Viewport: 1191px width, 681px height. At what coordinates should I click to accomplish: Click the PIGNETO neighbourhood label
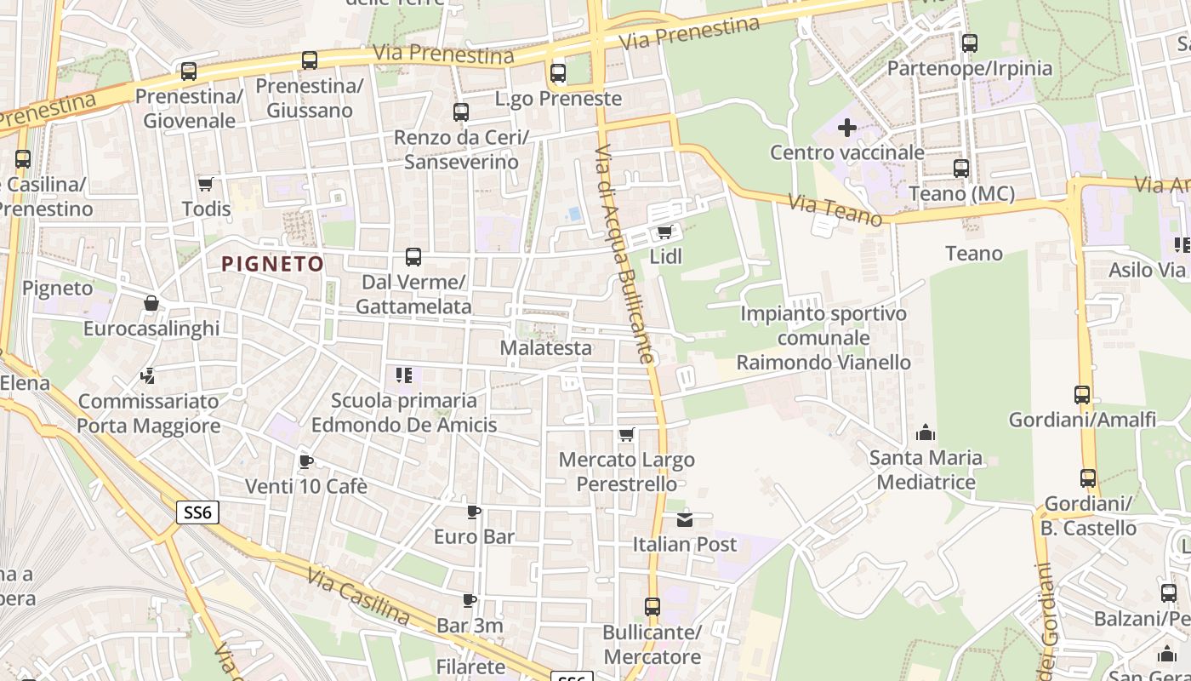[273, 264]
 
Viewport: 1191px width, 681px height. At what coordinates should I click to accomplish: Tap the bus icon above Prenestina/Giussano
[310, 60]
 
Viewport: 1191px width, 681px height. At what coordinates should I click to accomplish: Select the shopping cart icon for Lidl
[665, 232]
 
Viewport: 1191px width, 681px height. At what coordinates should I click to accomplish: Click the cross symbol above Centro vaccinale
[846, 129]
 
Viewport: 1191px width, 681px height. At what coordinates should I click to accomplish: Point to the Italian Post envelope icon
[685, 519]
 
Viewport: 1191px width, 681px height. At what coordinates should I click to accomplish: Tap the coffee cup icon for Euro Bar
[474, 512]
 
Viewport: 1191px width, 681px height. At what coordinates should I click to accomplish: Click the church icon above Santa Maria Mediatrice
[926, 433]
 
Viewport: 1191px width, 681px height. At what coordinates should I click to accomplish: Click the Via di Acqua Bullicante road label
[625, 255]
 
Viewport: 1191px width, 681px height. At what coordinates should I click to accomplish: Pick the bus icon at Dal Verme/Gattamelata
[413, 257]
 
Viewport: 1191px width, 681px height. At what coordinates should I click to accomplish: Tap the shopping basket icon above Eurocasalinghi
[151, 303]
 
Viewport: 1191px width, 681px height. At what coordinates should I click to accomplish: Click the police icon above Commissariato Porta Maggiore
[148, 375]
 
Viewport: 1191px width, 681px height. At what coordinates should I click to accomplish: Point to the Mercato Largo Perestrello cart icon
[627, 435]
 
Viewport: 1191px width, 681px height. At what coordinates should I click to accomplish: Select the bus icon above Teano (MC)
[961, 169]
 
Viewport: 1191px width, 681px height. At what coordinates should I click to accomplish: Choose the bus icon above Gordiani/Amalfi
[1082, 395]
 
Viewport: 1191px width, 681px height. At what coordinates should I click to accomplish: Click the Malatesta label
[545, 347]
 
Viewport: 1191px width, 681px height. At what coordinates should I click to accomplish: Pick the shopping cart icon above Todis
[206, 184]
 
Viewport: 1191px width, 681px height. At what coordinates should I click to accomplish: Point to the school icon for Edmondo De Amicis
[404, 375]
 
